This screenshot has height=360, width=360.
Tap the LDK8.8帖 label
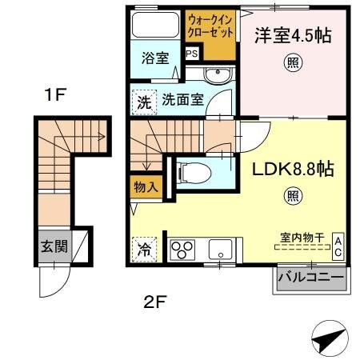coord(294,170)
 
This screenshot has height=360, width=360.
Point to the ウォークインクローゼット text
coord(211,26)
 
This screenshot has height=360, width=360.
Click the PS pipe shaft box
coord(192,54)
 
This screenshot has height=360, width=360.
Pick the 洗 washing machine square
coord(142,102)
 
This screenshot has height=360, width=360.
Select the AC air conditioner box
coord(338,245)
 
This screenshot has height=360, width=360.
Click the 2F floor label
coord(154,302)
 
